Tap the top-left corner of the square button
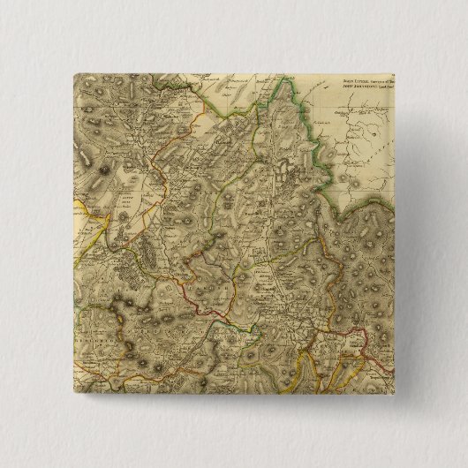tap(75, 75)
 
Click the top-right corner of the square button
tap(394, 75)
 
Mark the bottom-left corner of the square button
tap(75, 394)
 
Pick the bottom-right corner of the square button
tap(394, 394)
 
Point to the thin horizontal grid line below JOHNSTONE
tap(371, 107)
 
